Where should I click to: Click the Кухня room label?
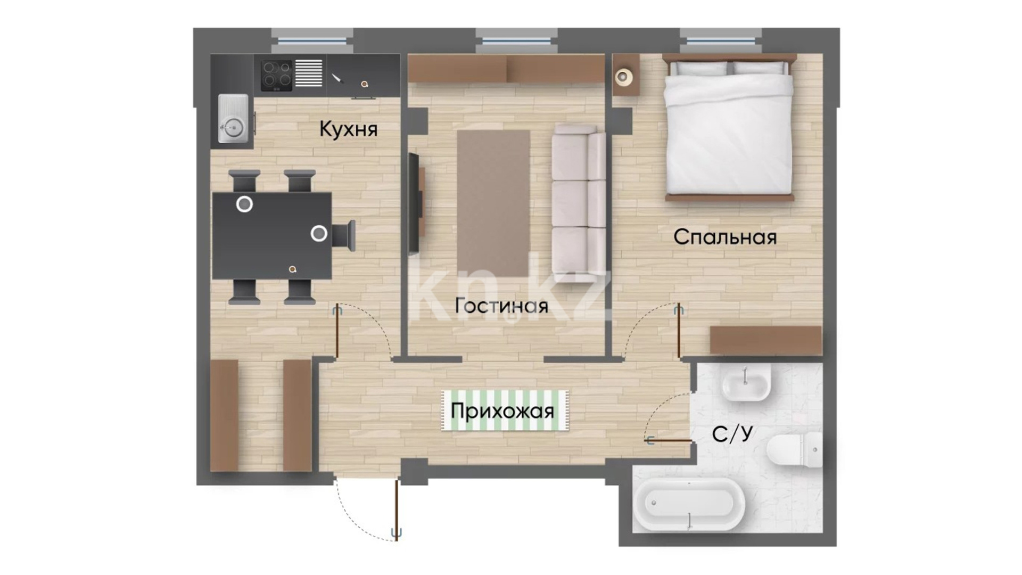coord(348,129)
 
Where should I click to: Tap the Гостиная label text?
coord(501,306)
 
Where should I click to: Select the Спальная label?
coord(725,237)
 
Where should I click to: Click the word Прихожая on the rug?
coord(502,411)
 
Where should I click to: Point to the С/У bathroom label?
coord(732,434)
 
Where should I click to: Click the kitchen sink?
coord(233,119)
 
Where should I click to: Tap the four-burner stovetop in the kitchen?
coord(276,75)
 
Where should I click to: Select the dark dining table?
coord(272,236)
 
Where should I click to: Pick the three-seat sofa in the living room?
coord(579,203)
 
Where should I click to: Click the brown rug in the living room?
coord(493,204)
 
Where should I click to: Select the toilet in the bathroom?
coord(795,450)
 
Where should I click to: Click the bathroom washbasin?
coord(746,382)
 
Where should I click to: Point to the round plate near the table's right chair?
coord(319,233)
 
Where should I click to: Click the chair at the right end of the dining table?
coord(344,235)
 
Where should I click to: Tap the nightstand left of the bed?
coord(625,75)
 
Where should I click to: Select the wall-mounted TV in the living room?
coord(414,203)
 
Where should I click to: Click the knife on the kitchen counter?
coord(338,79)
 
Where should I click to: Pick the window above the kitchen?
coord(312,40)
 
